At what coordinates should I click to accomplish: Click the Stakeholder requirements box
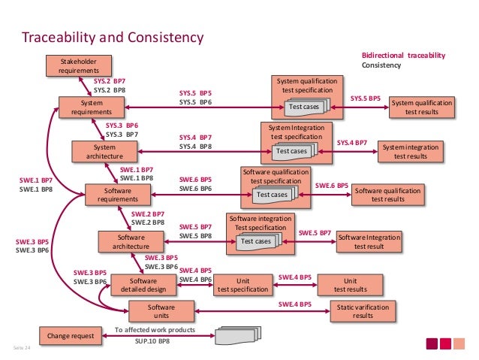pyautogui.click(x=74, y=65)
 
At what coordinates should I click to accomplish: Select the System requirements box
pyautogui.click(x=92, y=107)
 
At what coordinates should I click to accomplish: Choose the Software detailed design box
pyautogui.click(x=143, y=284)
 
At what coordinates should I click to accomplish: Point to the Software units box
pyautogui.click(x=161, y=311)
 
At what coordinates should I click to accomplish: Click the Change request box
pyautogui.click(x=68, y=336)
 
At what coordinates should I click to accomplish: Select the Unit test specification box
pyautogui.click(x=243, y=284)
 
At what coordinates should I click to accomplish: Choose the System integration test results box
pyautogui.click(x=411, y=151)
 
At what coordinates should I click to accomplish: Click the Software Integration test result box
pyautogui.click(x=369, y=241)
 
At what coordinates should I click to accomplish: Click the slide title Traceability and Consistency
pyautogui.click(x=113, y=37)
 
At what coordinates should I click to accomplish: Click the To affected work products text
pyautogui.click(x=155, y=330)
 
